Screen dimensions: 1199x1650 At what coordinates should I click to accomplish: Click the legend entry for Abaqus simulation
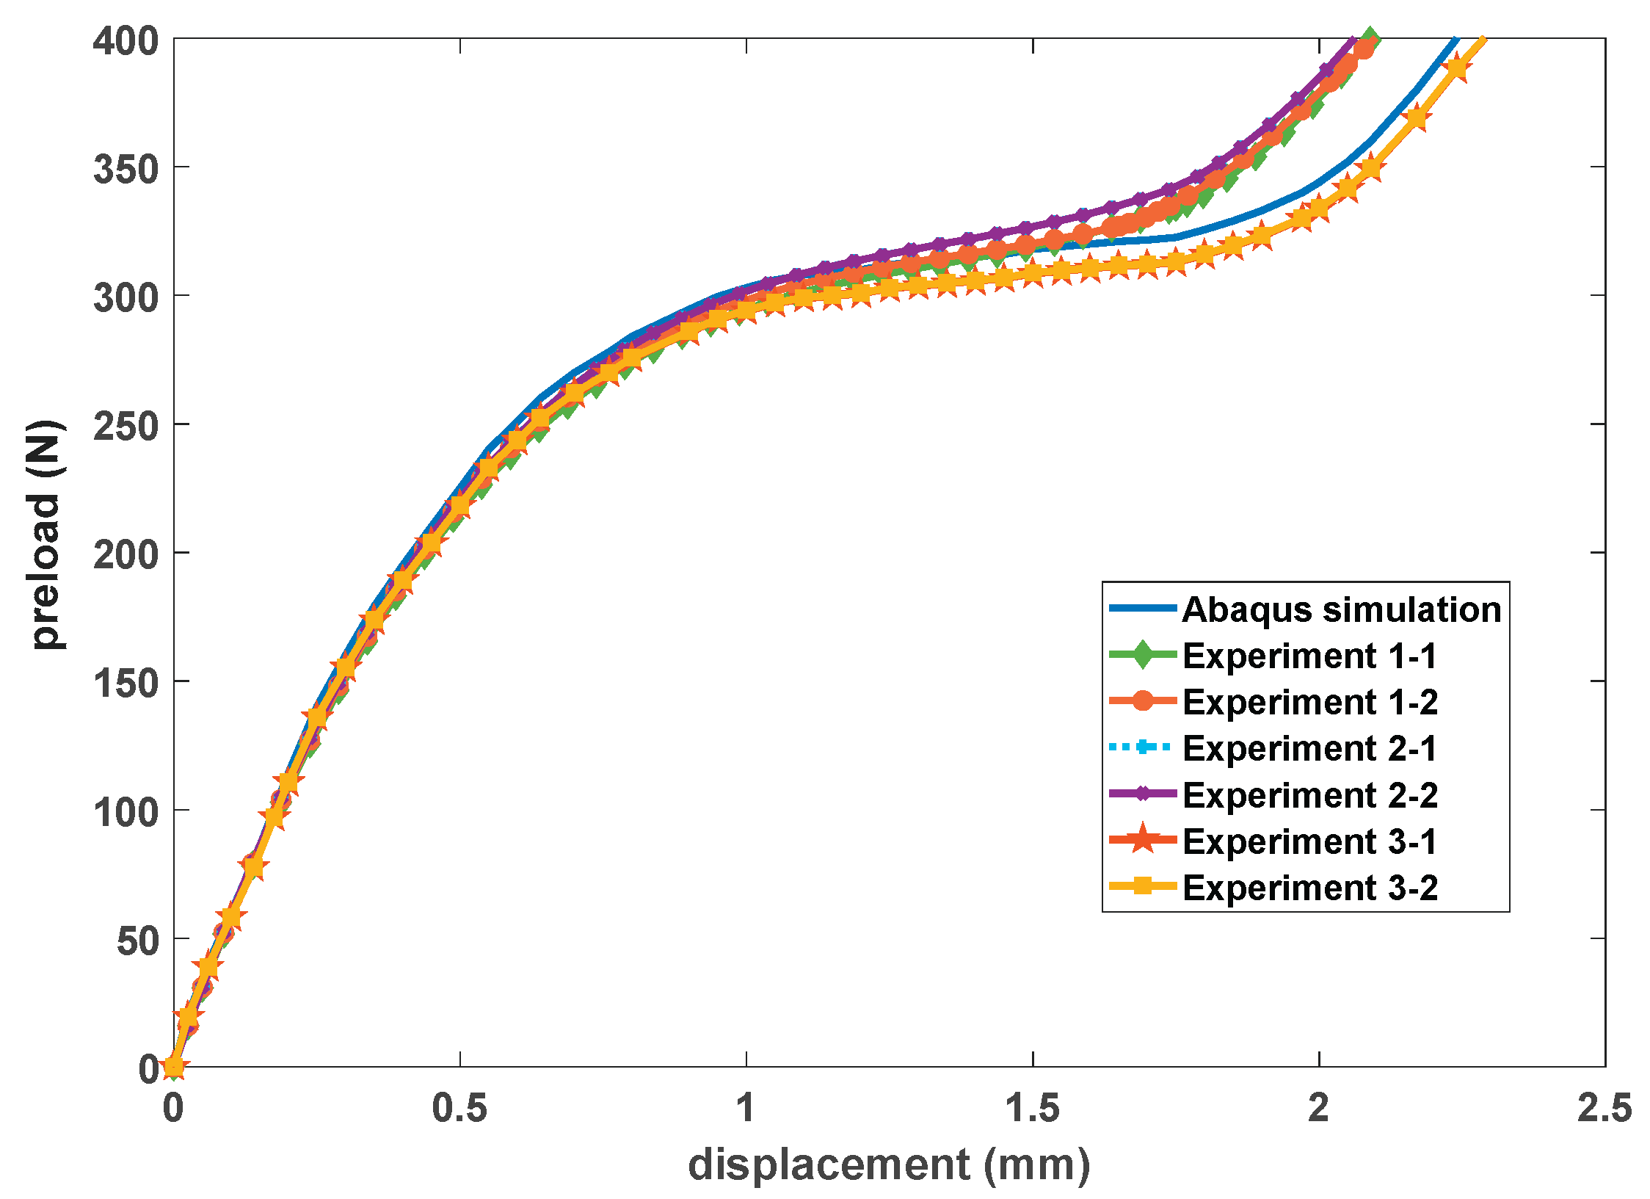1341,609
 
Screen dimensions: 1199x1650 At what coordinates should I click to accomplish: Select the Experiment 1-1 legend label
1309,656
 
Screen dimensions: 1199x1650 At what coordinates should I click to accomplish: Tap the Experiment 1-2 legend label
1309,702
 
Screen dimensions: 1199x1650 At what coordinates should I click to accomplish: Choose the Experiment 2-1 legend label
1309,748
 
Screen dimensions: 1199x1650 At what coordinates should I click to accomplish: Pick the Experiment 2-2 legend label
1309,795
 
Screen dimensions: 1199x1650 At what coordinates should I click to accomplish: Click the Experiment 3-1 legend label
1309,841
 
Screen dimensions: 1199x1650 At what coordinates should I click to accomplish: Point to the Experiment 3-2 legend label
1309,888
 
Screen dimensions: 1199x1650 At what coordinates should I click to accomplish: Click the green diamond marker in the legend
1143,654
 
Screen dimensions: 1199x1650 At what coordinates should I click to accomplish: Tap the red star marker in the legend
1143,839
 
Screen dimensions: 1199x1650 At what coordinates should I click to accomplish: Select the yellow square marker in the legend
1143,886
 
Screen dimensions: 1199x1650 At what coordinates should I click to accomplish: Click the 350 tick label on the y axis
126,170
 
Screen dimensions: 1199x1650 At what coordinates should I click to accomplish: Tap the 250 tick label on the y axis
126,427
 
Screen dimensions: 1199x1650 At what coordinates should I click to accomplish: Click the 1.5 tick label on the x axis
1032,1108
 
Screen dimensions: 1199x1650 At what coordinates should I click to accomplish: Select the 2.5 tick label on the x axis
1604,1108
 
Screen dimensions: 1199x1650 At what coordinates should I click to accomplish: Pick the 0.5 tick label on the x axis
459,1108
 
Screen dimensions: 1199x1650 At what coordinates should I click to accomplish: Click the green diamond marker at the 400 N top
1370,38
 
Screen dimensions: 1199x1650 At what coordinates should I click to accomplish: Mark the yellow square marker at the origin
174,1066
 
